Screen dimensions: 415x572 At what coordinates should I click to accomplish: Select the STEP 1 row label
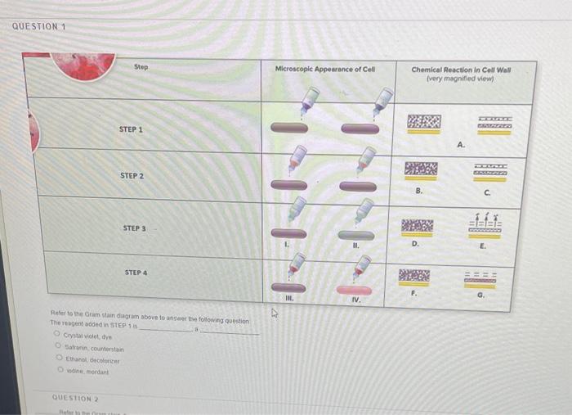pos(131,129)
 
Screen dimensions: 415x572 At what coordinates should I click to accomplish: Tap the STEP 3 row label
pos(134,228)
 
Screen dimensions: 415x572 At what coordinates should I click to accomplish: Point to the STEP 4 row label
pos(136,272)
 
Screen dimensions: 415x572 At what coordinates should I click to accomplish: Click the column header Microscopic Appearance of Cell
pos(324,69)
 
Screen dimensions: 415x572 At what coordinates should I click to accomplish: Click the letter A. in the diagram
pos(462,146)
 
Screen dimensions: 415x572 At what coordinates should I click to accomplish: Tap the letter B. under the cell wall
pos(419,191)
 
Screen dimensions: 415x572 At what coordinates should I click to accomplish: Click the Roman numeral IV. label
pos(355,300)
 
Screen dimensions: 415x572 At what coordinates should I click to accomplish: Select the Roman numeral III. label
pos(287,300)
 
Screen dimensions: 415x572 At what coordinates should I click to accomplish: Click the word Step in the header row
pos(141,66)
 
